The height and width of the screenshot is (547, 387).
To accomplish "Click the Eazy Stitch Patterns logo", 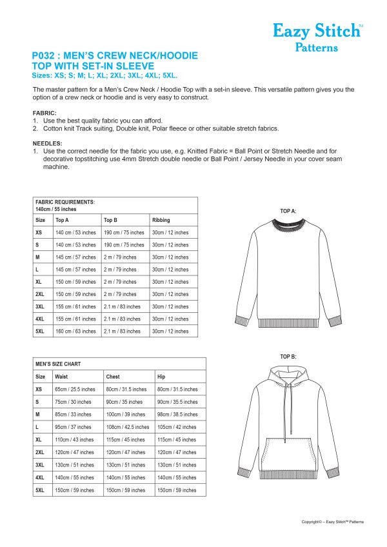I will [318, 37].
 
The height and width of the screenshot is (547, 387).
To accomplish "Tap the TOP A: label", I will [288, 211].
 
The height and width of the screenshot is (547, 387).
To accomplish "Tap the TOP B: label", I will [288, 357].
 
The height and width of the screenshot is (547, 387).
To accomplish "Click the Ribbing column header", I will [161, 220].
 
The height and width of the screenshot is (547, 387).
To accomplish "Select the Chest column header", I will [113, 377].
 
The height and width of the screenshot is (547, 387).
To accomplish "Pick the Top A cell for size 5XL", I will [75, 332].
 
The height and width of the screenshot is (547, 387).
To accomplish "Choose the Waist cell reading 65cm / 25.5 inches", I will [75, 390].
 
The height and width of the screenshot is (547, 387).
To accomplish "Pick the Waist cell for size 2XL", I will [75, 452].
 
